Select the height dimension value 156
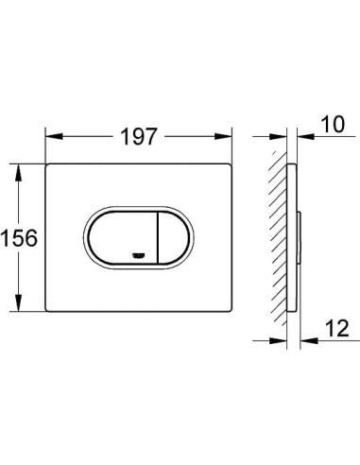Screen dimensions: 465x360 pos(20,239)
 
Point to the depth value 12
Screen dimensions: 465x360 pos(326,329)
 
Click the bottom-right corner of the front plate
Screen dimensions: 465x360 pos(232,313)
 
